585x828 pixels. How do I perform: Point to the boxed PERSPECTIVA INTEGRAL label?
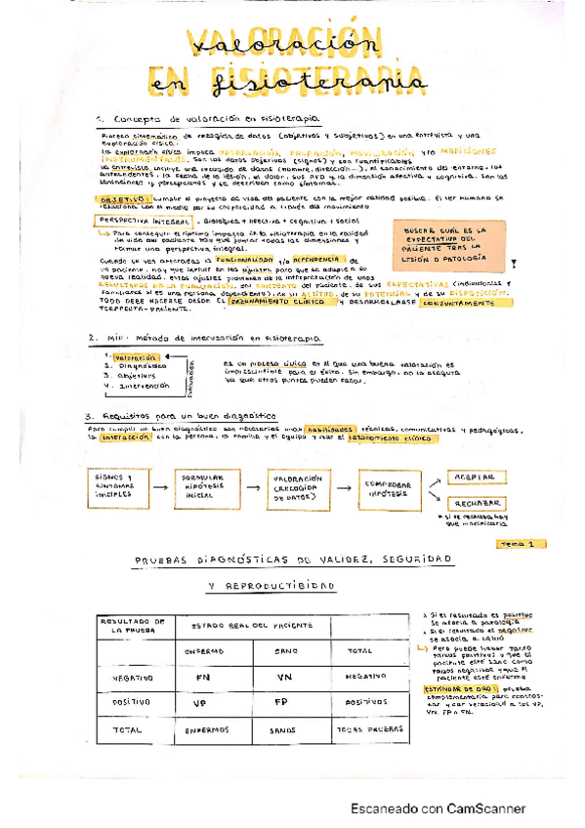click(x=131, y=222)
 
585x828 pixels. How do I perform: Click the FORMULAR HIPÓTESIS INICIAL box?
click(x=200, y=484)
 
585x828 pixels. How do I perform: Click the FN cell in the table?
click(x=202, y=676)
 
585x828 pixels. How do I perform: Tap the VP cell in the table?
click(x=202, y=701)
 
